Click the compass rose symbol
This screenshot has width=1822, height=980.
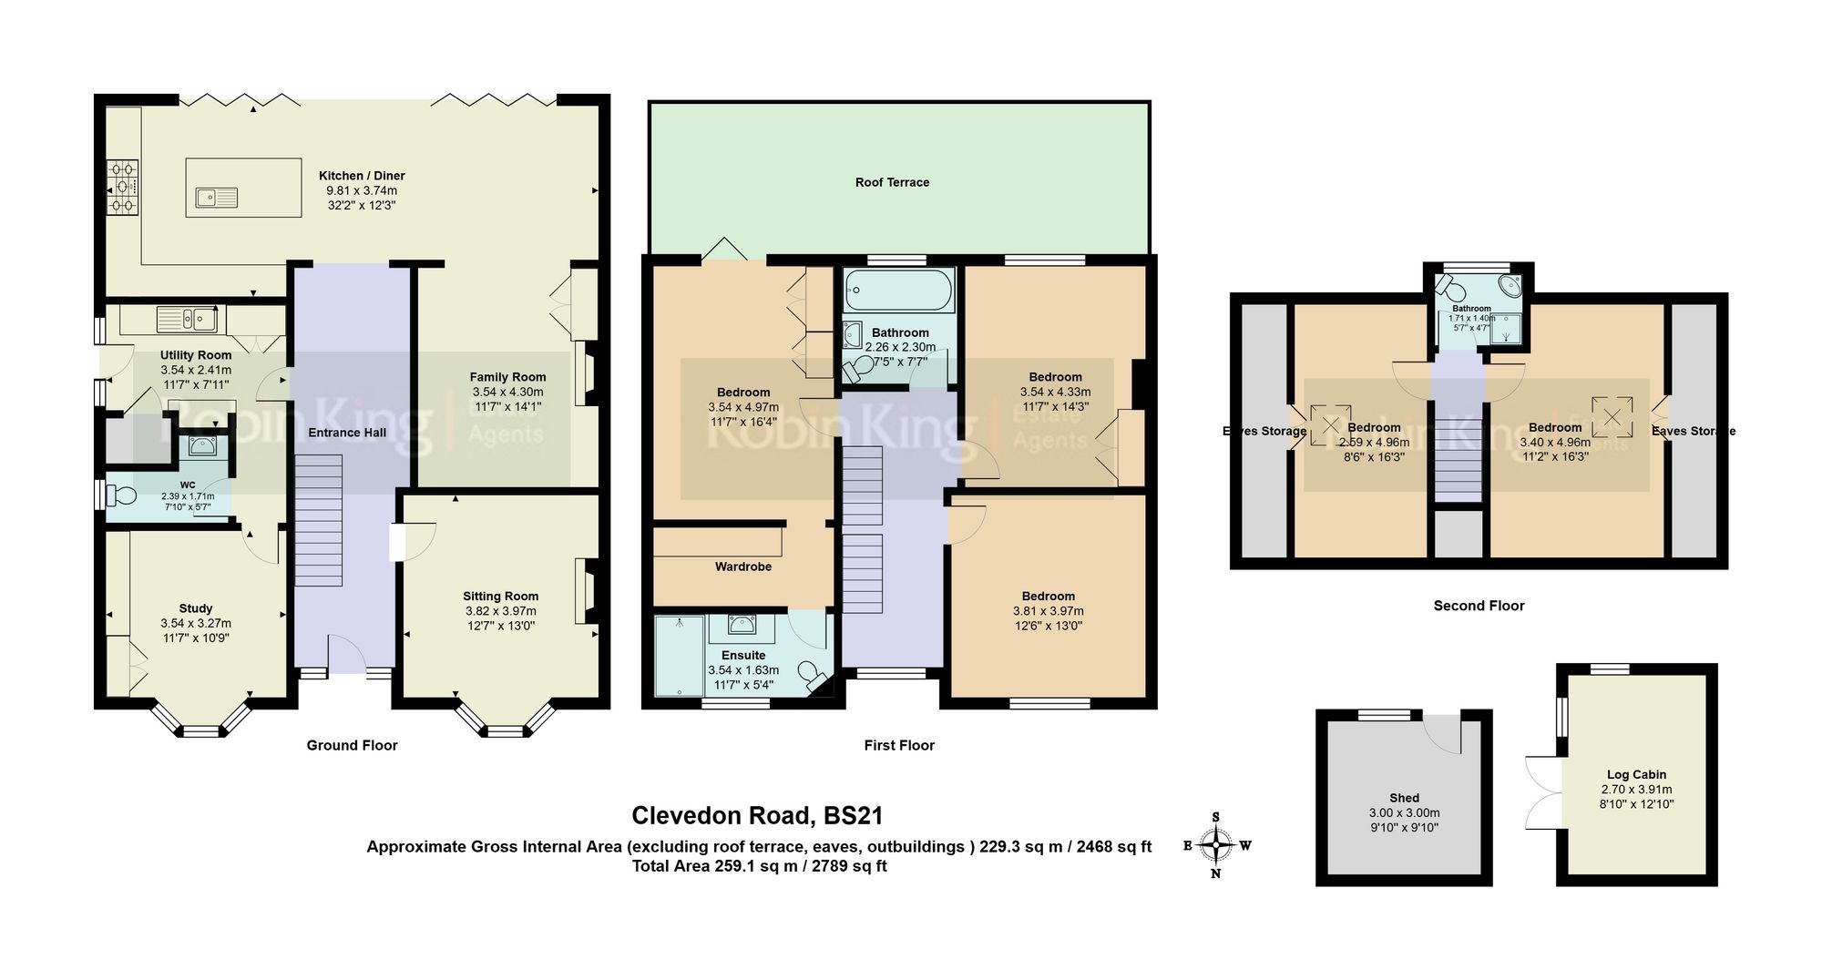point(1216,845)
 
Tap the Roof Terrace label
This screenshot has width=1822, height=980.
point(892,182)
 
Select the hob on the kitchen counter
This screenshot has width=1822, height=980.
point(123,188)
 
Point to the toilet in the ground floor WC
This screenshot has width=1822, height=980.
point(120,495)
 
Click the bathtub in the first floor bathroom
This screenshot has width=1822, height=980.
point(898,291)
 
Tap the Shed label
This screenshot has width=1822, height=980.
point(1404,797)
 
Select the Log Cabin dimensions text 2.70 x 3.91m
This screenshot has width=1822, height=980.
point(1636,790)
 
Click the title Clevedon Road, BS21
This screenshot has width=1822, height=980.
point(757,815)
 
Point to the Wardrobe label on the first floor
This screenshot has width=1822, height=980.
point(742,567)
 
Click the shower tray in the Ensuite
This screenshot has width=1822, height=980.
point(680,655)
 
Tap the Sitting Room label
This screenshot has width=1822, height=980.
point(500,596)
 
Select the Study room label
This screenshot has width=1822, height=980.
point(196,607)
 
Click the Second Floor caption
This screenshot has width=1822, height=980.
point(1479,606)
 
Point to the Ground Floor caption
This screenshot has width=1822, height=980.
point(352,745)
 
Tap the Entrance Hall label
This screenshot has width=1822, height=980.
point(347,433)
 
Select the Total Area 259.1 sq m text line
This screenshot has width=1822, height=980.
point(759,866)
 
